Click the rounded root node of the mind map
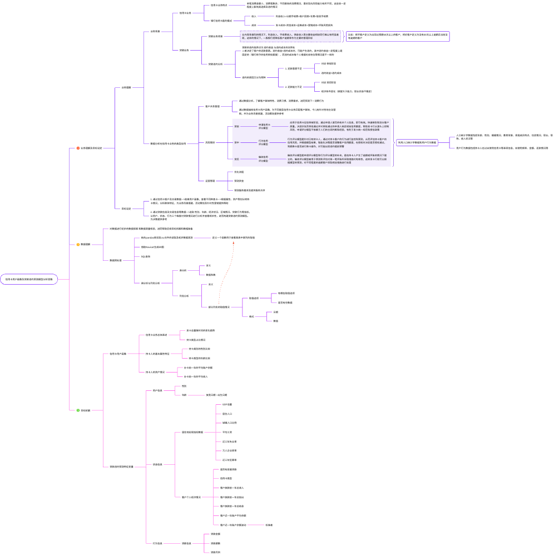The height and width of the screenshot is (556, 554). [29, 279]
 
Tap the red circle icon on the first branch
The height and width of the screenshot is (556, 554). [78, 148]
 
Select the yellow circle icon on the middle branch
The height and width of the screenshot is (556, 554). [78, 244]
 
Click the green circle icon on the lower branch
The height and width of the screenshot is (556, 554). [78, 410]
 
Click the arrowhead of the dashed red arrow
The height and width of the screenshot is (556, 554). [233, 243]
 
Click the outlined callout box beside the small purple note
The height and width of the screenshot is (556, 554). [397, 36]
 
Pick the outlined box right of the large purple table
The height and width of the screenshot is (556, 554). [417, 143]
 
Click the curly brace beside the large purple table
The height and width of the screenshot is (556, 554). [393, 142]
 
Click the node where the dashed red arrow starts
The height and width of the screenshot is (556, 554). [218, 307]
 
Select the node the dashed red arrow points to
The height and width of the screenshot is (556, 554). [233, 237]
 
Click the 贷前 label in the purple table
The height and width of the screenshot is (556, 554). [236, 127]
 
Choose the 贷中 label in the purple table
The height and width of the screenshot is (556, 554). [236, 143]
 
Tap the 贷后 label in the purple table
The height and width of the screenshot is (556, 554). [236, 159]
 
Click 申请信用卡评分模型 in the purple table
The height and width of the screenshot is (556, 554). [264, 127]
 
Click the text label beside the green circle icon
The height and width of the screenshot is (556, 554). [86, 410]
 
